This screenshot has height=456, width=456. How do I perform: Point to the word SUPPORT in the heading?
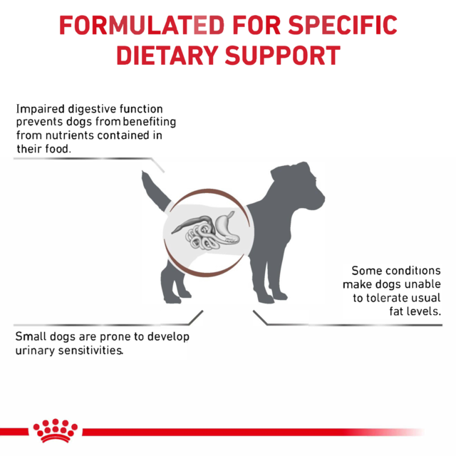click(281, 55)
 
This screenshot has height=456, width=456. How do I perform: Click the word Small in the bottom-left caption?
click(31, 337)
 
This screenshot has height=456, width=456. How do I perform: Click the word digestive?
click(88, 109)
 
